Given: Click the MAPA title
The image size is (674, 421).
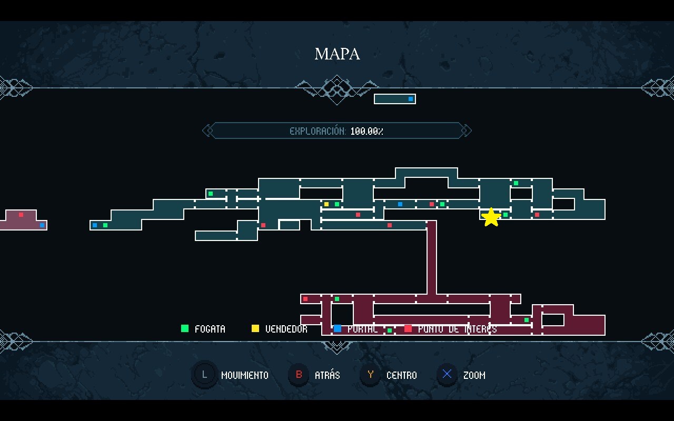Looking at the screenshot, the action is click(x=337, y=54).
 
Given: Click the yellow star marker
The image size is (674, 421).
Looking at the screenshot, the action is click(x=491, y=217).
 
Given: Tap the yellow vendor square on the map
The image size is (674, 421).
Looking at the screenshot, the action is click(x=326, y=204).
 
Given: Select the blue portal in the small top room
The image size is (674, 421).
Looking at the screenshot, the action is click(x=411, y=99).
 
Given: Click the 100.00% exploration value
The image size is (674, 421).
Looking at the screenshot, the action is click(x=366, y=131).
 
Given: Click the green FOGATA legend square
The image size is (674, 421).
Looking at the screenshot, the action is click(x=185, y=328).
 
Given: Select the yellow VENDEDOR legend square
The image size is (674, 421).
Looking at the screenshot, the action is click(x=255, y=328).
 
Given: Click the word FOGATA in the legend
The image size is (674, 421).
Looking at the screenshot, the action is click(x=210, y=329).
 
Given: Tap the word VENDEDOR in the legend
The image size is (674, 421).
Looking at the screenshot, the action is click(x=286, y=329).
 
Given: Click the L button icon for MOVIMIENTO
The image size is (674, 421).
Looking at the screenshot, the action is click(x=204, y=375).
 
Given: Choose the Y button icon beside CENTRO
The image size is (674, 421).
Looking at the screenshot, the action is click(x=371, y=375).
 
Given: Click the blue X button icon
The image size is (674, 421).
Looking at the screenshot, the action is click(x=447, y=375).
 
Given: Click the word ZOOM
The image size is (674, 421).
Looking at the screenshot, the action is click(x=474, y=375).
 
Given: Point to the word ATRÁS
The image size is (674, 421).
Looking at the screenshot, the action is click(x=327, y=375).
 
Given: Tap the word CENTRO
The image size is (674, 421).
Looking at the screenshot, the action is click(x=401, y=375).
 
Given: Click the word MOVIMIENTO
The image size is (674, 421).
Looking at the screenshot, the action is click(x=245, y=375).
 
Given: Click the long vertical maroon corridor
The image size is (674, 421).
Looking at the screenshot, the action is click(x=432, y=258).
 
